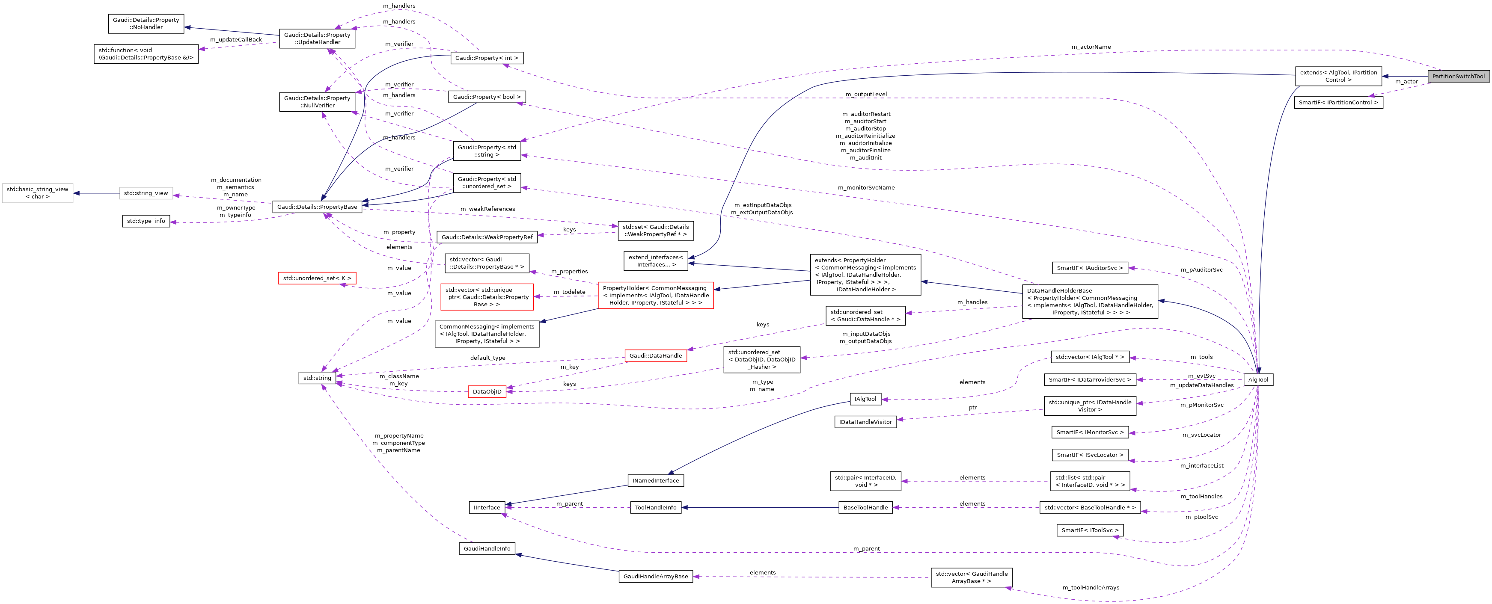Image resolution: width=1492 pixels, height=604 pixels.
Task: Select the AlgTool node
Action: (1258, 380)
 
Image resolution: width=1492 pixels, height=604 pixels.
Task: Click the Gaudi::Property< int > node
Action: (487, 58)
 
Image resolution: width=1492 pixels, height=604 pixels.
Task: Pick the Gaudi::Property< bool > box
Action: (487, 97)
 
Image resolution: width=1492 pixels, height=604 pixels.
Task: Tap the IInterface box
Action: (487, 508)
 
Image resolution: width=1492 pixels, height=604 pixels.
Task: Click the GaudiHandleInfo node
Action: (487, 549)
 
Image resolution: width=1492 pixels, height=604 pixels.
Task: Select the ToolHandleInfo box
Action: (655, 508)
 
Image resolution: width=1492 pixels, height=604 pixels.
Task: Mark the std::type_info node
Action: (146, 221)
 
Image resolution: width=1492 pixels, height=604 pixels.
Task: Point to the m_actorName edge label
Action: (1091, 47)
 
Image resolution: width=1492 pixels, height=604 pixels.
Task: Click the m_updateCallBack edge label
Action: (236, 40)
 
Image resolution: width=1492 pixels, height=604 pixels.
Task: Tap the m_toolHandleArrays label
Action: (1091, 588)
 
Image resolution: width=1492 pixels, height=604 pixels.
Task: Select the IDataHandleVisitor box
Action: (865, 422)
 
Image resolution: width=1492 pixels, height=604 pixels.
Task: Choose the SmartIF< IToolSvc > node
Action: (1089, 530)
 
